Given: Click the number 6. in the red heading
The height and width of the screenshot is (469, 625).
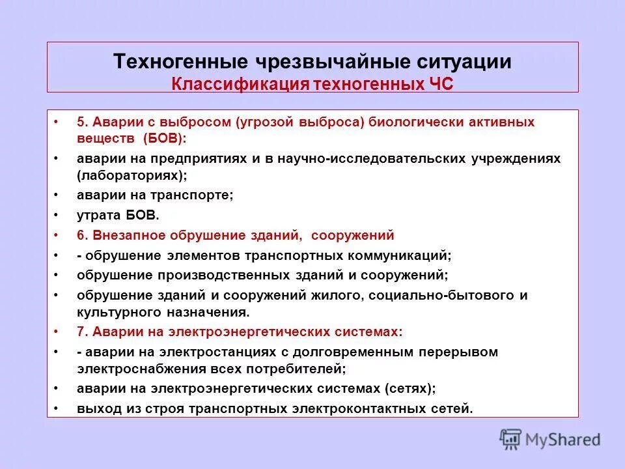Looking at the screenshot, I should coord(82,235).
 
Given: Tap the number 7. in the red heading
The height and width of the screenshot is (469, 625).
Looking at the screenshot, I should coord(82,332).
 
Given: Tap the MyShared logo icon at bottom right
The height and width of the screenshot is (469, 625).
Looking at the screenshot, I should coord(511,440).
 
